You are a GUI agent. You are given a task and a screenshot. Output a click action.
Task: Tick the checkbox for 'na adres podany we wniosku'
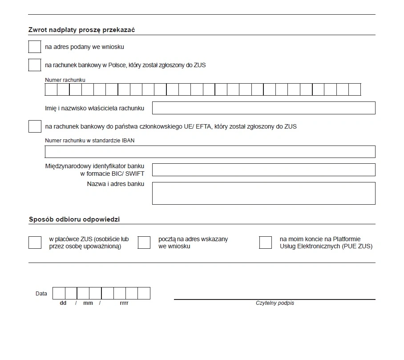click(x=35, y=47)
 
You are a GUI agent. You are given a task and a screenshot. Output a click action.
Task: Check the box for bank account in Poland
click(x=35, y=65)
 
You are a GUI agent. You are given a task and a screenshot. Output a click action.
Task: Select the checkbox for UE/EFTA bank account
click(x=35, y=126)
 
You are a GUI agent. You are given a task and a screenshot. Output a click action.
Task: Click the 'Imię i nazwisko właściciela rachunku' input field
click(x=263, y=108)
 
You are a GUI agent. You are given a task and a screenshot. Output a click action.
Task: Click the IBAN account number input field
click(x=210, y=152)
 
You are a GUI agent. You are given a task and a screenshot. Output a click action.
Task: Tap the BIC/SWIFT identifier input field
click(x=263, y=170)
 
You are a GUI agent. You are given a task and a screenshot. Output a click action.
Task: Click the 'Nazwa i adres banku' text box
click(x=263, y=193)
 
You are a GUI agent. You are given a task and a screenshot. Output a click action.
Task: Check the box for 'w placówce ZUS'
click(x=35, y=243)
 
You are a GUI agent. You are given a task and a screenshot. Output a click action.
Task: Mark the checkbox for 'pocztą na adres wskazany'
click(x=144, y=243)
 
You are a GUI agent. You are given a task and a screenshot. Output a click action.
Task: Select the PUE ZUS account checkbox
click(x=266, y=243)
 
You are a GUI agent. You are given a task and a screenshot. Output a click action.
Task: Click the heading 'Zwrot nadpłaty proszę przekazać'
click(x=82, y=30)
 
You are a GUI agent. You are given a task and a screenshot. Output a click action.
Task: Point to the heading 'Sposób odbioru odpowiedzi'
click(x=74, y=219)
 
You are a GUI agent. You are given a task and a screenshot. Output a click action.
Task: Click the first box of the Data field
click(x=59, y=293)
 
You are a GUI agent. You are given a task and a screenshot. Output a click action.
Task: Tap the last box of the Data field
click(x=144, y=293)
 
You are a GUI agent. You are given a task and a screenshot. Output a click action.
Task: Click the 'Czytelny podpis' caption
click(x=275, y=303)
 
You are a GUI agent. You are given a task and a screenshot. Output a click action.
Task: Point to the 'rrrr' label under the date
click(x=124, y=303)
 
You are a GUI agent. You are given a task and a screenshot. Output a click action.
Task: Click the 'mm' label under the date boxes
click(x=88, y=303)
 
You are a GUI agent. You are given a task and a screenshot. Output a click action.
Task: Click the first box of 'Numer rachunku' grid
click(x=51, y=89)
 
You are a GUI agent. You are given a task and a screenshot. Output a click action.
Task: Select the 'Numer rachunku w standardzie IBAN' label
click(x=90, y=141)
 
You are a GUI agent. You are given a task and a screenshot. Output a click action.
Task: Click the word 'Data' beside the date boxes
click(x=41, y=294)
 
